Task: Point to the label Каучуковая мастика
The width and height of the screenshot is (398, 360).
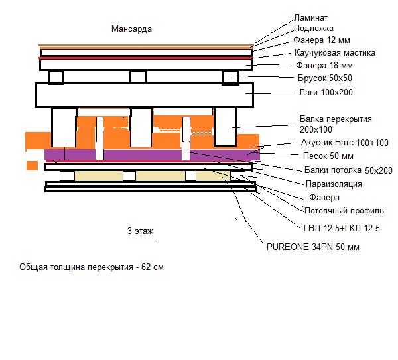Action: [x=335, y=53]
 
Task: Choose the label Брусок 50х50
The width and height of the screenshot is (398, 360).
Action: [x=326, y=79]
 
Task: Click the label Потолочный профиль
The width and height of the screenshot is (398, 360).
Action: [x=344, y=211]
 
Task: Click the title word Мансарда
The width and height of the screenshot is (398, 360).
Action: [x=133, y=30]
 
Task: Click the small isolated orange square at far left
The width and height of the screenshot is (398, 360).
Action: [x=32, y=164]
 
